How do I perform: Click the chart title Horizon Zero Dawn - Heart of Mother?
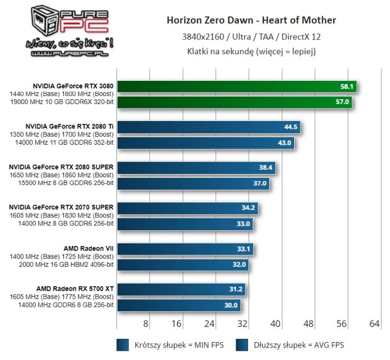tap(251, 21)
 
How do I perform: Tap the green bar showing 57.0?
tap(235, 101)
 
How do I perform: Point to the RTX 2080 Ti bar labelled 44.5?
tap(208, 127)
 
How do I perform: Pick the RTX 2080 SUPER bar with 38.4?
tap(196, 168)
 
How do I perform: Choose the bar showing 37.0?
tap(192, 183)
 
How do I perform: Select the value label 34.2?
tap(250, 208)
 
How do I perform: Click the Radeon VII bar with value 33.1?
tap(185, 249)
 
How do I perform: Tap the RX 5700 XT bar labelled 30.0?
tap(178, 305)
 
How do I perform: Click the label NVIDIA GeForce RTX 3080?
tap(73, 86)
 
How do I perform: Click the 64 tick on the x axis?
tap(374, 324)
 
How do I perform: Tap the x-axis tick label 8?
tap(146, 324)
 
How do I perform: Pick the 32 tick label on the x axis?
tap(242, 324)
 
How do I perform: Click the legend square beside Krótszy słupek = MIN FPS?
tap(123, 345)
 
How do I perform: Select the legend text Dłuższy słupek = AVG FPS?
tap(301, 345)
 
